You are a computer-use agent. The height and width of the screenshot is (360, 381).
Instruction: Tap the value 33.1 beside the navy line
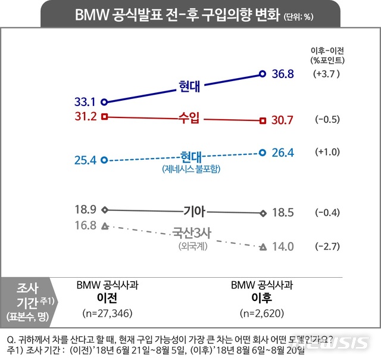click(x=86, y=102)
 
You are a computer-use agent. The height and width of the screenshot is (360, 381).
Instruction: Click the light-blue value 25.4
click(x=86, y=160)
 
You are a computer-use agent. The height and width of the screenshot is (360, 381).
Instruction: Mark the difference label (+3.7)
click(x=327, y=75)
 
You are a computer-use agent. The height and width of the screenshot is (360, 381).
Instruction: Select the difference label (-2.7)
click(x=327, y=247)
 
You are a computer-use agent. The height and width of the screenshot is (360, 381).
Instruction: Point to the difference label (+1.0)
click(x=327, y=153)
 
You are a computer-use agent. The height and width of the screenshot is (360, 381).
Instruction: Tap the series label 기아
click(x=193, y=210)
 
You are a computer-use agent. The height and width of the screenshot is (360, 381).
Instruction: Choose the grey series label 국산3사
click(x=190, y=232)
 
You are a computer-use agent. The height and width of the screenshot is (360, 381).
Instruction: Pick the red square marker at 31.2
click(x=105, y=116)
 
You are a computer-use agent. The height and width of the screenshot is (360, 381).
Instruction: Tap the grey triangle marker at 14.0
click(x=263, y=247)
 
